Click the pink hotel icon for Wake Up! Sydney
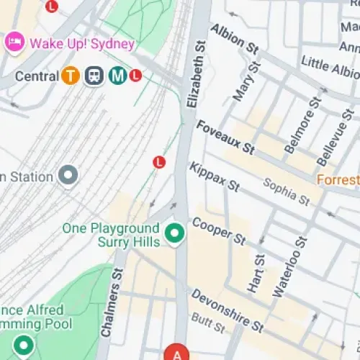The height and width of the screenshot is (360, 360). pyautogui.click(x=14, y=42)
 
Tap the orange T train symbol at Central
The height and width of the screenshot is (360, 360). pyautogui.click(x=70, y=76)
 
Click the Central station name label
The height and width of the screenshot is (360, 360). pyautogui.click(x=36, y=76)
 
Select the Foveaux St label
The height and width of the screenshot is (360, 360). pyautogui.click(x=225, y=138)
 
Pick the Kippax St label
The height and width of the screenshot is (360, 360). pyautogui.click(x=214, y=176)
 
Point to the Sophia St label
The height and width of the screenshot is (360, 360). pyautogui.click(x=286, y=190)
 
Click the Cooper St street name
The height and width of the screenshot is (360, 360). pyautogui.click(x=219, y=230)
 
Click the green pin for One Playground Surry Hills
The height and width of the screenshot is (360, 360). pyautogui.click(x=174, y=233)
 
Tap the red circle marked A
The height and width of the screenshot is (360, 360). pyautogui.click(x=176, y=354)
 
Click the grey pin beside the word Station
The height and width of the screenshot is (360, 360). pyautogui.click(x=68, y=176)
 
